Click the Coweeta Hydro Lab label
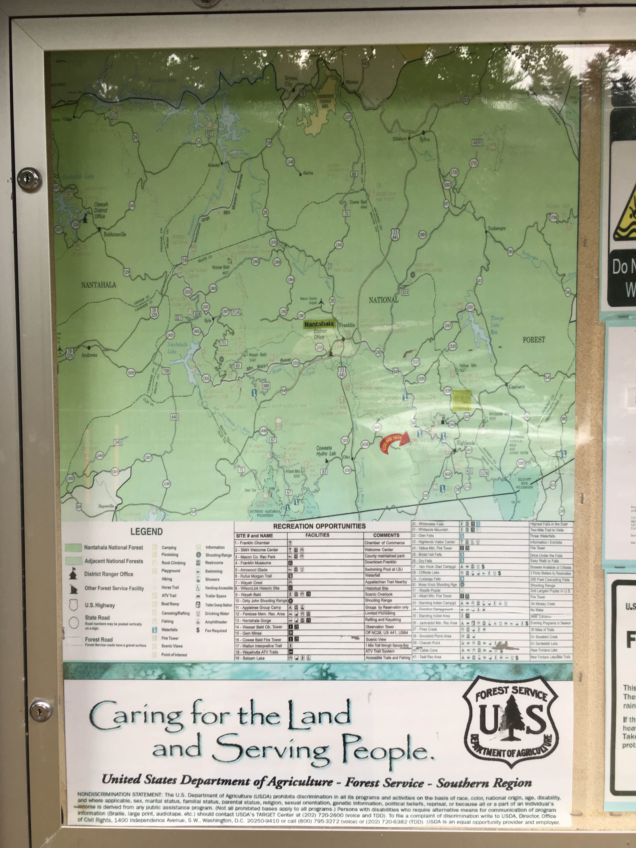326,451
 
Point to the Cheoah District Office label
101,211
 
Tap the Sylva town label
424,139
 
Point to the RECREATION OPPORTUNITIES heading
319,526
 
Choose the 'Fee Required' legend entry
215,631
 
